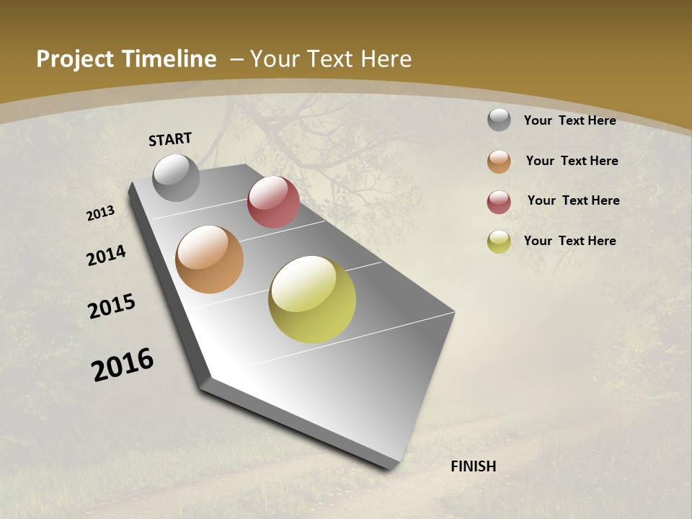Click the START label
pos(170,139)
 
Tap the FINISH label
pos(473,466)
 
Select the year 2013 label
pos(100,213)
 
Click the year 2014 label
pos(106,256)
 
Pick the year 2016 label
pos(123,365)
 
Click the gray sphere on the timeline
pos(176,177)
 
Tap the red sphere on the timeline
pos(273,202)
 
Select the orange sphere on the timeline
pos(210,259)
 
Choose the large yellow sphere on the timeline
pos(312,299)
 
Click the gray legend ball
pos(499,120)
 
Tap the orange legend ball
pos(499,161)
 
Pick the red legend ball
pos(499,202)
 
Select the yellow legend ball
pos(499,241)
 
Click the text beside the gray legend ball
pos(569,121)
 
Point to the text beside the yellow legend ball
pos(569,241)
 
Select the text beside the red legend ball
pos(573,200)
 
